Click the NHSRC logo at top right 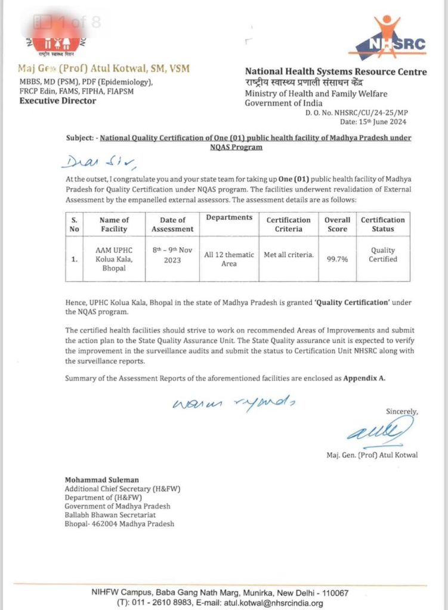387,38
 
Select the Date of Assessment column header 173,224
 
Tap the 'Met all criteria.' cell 289,255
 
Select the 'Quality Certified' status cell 382,255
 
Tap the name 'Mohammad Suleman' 102,480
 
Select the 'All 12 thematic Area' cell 229,259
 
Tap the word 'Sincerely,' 402,412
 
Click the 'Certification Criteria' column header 289,224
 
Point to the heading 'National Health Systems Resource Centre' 336,72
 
